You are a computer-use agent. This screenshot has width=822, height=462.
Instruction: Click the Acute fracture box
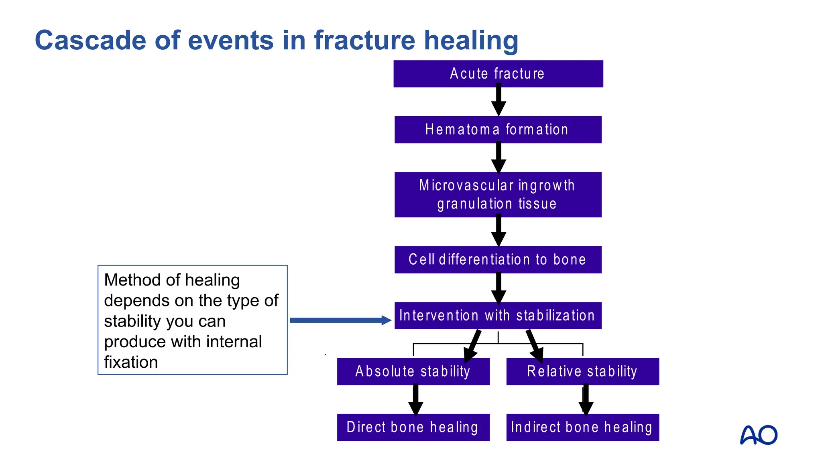pyautogui.click(x=498, y=74)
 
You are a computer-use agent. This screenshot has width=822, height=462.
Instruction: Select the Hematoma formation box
pyautogui.click(x=498, y=130)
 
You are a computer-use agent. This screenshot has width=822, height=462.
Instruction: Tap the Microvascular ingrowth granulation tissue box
pyautogui.click(x=498, y=195)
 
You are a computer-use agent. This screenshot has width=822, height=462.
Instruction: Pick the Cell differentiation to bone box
pyautogui.click(x=498, y=259)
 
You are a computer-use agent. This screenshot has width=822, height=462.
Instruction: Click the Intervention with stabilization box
pyautogui.click(x=498, y=316)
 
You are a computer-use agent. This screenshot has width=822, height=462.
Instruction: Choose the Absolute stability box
pyautogui.click(x=413, y=371)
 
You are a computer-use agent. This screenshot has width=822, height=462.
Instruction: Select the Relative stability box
pyautogui.click(x=582, y=371)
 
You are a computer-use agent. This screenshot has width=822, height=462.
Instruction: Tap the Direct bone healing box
pyautogui.click(x=413, y=427)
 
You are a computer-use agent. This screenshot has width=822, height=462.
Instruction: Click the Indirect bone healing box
pyautogui.click(x=582, y=427)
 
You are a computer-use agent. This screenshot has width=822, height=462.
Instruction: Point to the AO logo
pyautogui.click(x=758, y=435)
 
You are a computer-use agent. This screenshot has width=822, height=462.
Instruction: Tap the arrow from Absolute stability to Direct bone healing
pyautogui.click(x=415, y=400)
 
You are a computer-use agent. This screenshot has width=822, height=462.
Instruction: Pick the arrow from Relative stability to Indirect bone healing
pyautogui.click(x=586, y=400)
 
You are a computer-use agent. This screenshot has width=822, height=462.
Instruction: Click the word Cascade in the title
pyautogui.click(x=90, y=41)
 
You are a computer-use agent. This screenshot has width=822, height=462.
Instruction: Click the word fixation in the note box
pyautogui.click(x=131, y=362)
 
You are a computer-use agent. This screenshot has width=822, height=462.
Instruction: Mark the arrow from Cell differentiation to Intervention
pyautogui.click(x=498, y=288)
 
